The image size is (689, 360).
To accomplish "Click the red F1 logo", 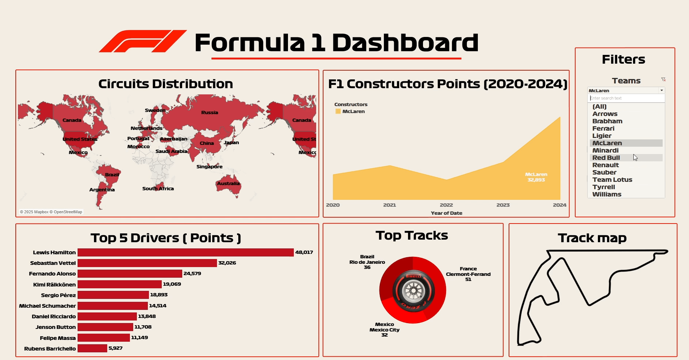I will (x=143, y=41).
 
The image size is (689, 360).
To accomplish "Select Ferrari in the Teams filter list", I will (x=603, y=128).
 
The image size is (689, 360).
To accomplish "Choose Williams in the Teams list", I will (x=607, y=194).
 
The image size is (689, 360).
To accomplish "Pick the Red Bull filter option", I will (x=606, y=158).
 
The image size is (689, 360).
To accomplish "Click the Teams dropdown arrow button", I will (x=661, y=90).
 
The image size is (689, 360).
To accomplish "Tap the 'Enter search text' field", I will (x=626, y=98).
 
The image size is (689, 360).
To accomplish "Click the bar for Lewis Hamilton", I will (x=186, y=252).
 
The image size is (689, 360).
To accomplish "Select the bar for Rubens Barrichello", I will (x=92, y=348).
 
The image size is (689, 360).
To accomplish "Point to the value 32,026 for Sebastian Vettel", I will (x=227, y=263).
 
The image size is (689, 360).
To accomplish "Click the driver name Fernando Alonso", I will (x=52, y=274).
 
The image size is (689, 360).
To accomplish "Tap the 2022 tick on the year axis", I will (x=446, y=205).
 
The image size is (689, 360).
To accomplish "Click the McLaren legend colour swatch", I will (x=338, y=111).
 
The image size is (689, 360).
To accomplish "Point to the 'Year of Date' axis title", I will (x=446, y=213).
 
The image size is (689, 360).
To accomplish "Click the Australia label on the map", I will (x=228, y=183).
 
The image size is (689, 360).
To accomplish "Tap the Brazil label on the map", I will (x=112, y=175).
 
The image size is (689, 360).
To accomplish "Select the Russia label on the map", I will (x=209, y=112).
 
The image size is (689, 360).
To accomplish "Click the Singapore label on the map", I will (x=209, y=166).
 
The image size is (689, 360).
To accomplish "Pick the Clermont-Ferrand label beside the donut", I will (x=468, y=274).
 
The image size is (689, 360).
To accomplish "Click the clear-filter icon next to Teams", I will (x=663, y=79).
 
